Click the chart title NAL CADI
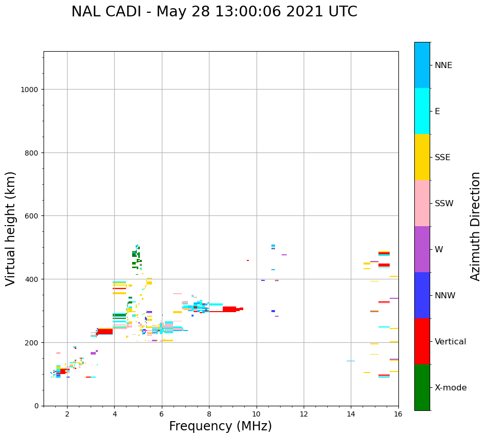tap(214, 12)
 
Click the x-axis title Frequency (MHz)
tap(220, 426)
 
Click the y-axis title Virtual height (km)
tap(11, 228)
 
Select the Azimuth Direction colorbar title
tap(475, 226)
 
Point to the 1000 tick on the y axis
tap(31, 90)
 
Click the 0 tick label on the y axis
tap(36, 406)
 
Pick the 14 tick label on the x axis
tap(351, 414)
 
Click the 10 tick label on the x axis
tap(256, 414)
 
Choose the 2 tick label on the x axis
tap(67, 414)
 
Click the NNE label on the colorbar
tap(443, 65)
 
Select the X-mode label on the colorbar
tap(451, 388)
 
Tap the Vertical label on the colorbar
tap(451, 342)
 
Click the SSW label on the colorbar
tap(444, 204)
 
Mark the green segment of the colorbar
tap(422, 387)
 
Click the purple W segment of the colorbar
tap(422, 249)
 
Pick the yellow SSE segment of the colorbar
tap(422, 157)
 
